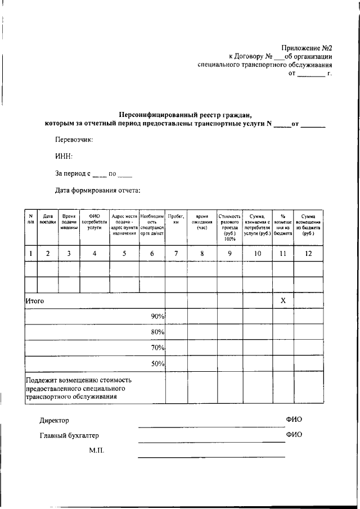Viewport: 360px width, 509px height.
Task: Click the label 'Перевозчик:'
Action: (74, 139)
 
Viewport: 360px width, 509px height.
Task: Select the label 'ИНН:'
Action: (64, 156)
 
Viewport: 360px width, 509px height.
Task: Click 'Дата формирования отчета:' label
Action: (97, 190)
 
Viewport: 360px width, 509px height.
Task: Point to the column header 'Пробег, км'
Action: (176, 219)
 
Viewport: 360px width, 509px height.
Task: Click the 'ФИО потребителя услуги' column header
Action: (94, 223)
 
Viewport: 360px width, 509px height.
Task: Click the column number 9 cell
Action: (229, 254)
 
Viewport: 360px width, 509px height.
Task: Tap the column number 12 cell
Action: (308, 254)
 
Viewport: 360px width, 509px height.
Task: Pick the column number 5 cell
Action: (124, 254)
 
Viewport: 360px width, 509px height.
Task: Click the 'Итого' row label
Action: (35, 301)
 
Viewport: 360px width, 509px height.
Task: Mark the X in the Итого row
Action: (283, 301)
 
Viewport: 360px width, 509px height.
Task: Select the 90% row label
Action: (157, 317)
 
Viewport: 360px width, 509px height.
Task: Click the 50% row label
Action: (157, 364)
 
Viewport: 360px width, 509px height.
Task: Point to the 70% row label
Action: (157, 348)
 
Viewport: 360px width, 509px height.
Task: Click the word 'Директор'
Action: (54, 420)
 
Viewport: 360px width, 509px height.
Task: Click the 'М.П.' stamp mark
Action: (97, 451)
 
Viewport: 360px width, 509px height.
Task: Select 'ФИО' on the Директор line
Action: (294, 420)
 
